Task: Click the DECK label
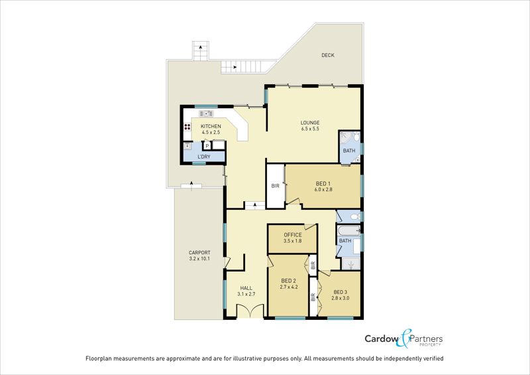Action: click(328, 55)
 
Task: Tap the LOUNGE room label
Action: click(310, 122)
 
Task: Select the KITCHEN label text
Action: click(211, 126)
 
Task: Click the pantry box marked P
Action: click(207, 146)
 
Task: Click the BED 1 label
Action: click(323, 183)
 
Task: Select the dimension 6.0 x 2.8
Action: click(323, 190)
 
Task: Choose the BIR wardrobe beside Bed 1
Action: click(276, 186)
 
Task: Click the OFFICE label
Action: click(293, 235)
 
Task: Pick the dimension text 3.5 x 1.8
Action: click(293, 242)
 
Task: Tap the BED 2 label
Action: click(290, 280)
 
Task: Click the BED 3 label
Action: click(341, 292)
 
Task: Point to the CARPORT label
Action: click(199, 252)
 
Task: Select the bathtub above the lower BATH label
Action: click(349, 231)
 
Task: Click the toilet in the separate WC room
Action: click(352, 216)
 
